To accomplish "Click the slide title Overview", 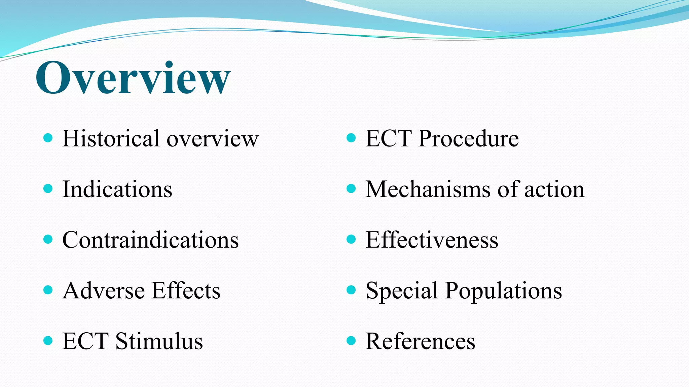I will [133, 78].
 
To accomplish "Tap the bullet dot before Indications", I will [48, 188].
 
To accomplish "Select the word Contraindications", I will [150, 240].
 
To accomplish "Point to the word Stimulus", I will [159, 341].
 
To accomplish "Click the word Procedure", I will [468, 138].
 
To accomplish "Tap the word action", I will [554, 189].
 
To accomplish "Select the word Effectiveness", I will [432, 240].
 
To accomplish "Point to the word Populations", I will [503, 291].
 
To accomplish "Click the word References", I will [420, 341].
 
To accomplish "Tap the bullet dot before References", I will [351, 341].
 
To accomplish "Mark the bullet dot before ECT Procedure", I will [351, 138].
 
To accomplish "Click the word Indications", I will [117, 189].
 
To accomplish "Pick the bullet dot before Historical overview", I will [48, 138].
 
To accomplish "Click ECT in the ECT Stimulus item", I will [85, 341].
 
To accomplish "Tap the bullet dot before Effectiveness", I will [351, 239].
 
